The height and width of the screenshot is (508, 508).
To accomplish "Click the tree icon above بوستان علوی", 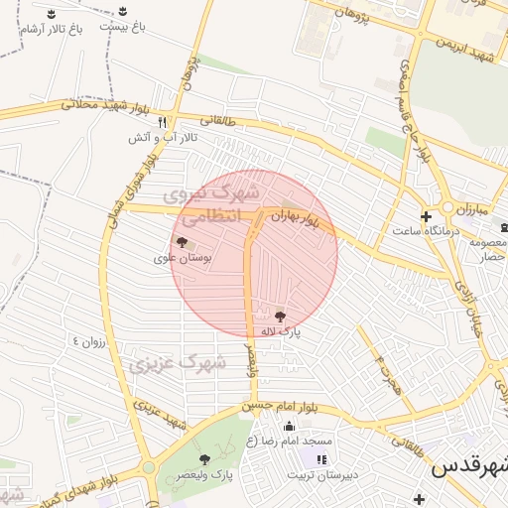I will tap(182, 241).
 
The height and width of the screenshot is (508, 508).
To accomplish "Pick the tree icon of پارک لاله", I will tap(280, 314).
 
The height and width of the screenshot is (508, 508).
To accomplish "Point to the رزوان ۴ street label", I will tap(87, 340).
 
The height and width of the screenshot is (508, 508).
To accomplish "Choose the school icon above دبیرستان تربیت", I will tap(320, 459).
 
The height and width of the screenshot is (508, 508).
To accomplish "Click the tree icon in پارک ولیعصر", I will tap(204, 459).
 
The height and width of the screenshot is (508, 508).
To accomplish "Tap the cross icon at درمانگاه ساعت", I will tap(426, 216).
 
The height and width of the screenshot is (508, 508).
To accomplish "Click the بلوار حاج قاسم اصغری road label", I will tap(414, 109).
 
